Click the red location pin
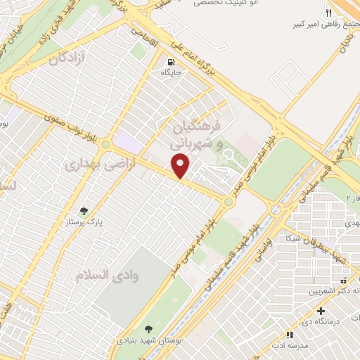182,167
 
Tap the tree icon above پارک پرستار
85,211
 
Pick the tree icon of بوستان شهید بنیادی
148,328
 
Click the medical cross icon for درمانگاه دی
321,311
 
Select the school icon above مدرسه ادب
289,335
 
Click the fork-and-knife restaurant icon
328,13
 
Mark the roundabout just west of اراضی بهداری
105,145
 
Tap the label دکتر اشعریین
337,288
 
